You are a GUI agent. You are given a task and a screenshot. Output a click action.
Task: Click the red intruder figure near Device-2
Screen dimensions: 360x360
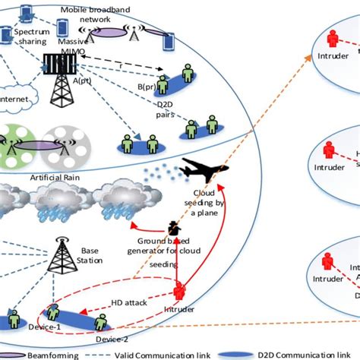point(180,292)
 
